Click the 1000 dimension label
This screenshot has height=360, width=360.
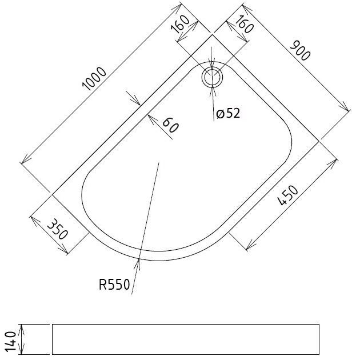[x=94, y=78]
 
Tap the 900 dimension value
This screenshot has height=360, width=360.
[x=300, y=51]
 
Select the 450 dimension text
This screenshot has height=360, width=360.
[x=288, y=195]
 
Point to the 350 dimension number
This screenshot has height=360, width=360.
[x=57, y=229]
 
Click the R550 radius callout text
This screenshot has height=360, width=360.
[x=114, y=285]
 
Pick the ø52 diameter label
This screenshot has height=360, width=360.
[x=228, y=113]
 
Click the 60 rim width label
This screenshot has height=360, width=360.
[x=170, y=125]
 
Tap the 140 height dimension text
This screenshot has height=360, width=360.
[x=11, y=342]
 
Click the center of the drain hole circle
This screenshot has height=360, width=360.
[x=212, y=77]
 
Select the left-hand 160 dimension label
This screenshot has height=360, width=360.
[x=181, y=24]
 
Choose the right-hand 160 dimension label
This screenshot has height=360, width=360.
[x=244, y=24]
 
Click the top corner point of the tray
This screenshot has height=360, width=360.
[x=212, y=35]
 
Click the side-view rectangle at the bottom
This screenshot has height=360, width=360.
[x=186, y=339]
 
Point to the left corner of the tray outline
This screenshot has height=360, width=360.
[x=53, y=195]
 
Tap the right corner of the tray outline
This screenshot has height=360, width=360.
[x=319, y=142]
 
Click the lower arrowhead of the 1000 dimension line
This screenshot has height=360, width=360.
[x=24, y=160]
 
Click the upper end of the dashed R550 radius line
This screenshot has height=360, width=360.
[x=159, y=163]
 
